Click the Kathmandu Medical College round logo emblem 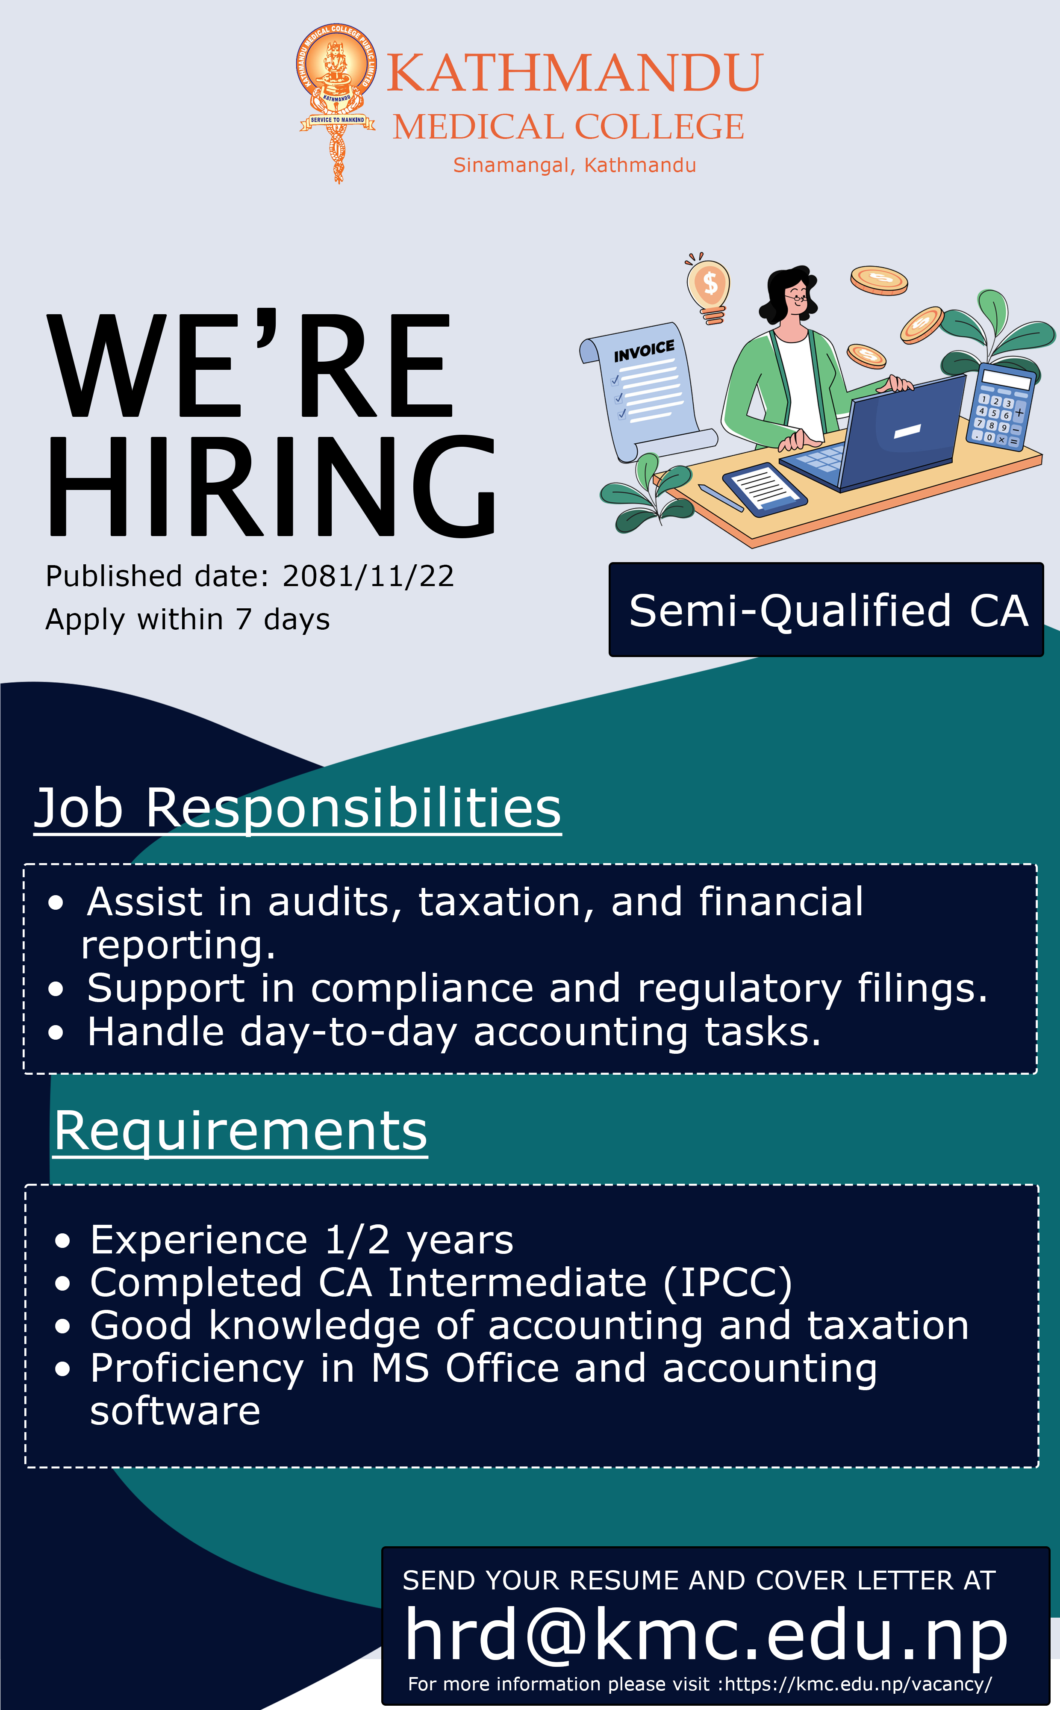pos(336,102)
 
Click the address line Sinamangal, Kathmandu pos(574,165)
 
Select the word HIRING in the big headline pos(272,486)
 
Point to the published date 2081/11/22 pos(368,576)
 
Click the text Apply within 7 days pos(187,620)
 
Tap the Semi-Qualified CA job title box pos(826,609)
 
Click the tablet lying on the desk pos(765,489)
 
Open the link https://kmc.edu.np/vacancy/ pos(859,1684)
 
